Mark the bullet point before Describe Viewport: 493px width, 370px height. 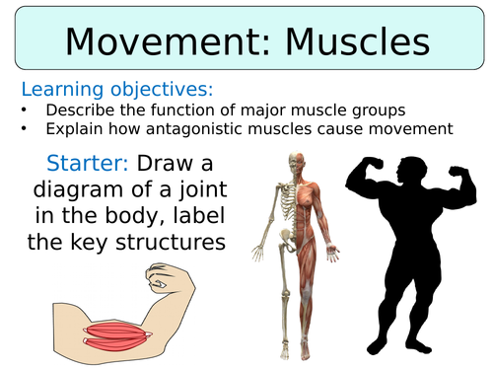(x=25, y=109)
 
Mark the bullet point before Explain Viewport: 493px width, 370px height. (x=25, y=127)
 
